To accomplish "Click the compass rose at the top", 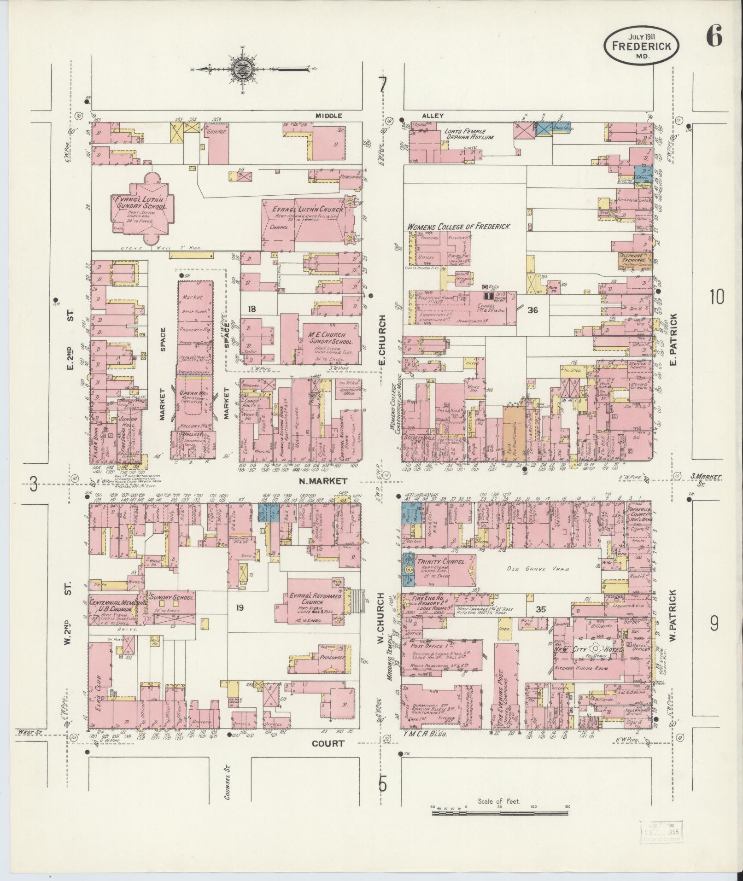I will click(x=243, y=69).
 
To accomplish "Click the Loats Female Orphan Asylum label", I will click(x=468, y=134).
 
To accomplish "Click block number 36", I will click(x=532, y=310).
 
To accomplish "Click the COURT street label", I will click(x=328, y=743).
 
